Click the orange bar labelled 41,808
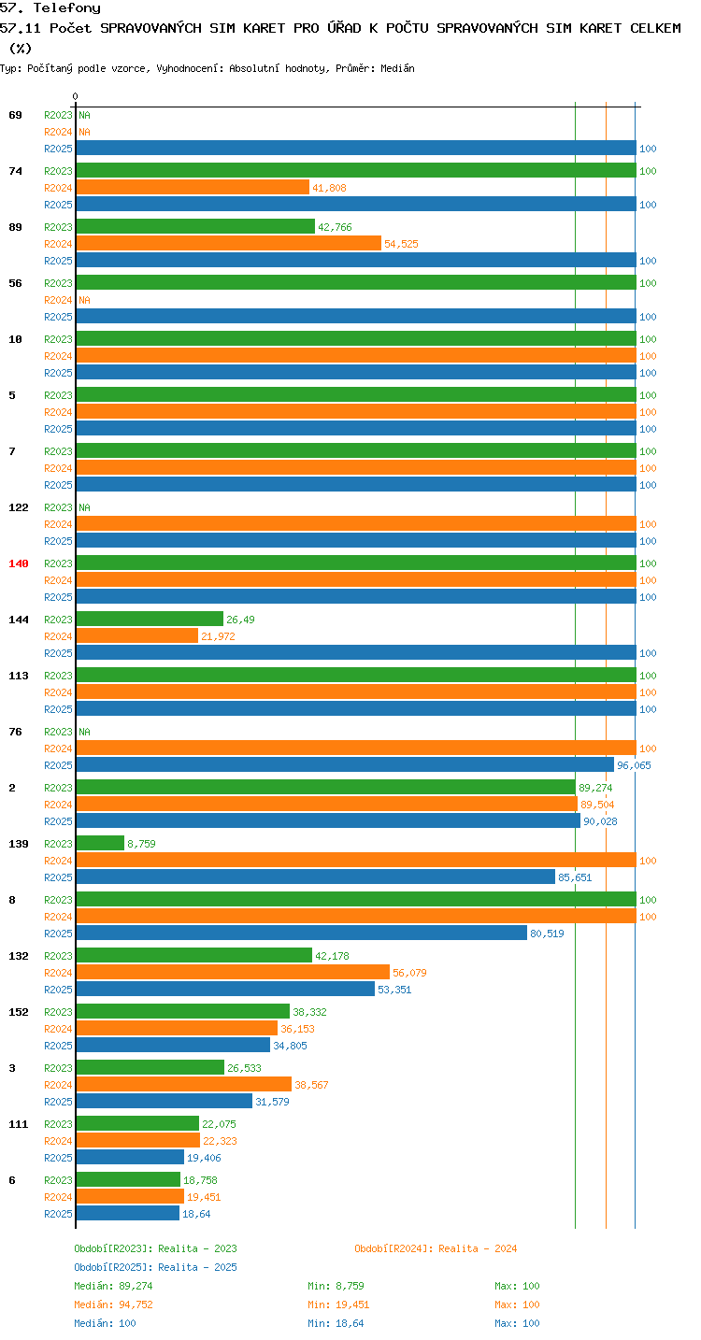click(x=193, y=187)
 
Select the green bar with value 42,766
click(x=195, y=227)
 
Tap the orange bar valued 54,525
click(x=228, y=244)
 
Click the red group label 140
click(x=19, y=563)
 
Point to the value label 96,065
click(x=634, y=765)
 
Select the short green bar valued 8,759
click(x=100, y=844)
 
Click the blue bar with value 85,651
click(x=316, y=877)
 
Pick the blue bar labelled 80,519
click(x=302, y=934)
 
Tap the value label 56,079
click(x=409, y=973)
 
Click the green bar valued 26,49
click(x=150, y=620)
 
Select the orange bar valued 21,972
click(x=137, y=636)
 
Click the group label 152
click(x=19, y=1012)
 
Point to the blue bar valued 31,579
click(x=165, y=1102)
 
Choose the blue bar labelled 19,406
click(x=131, y=1158)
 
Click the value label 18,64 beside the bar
click(x=196, y=1214)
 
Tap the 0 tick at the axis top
click(x=75, y=96)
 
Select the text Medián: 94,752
click(x=114, y=1304)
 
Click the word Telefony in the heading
click(x=67, y=7)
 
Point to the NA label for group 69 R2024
click(x=84, y=132)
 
